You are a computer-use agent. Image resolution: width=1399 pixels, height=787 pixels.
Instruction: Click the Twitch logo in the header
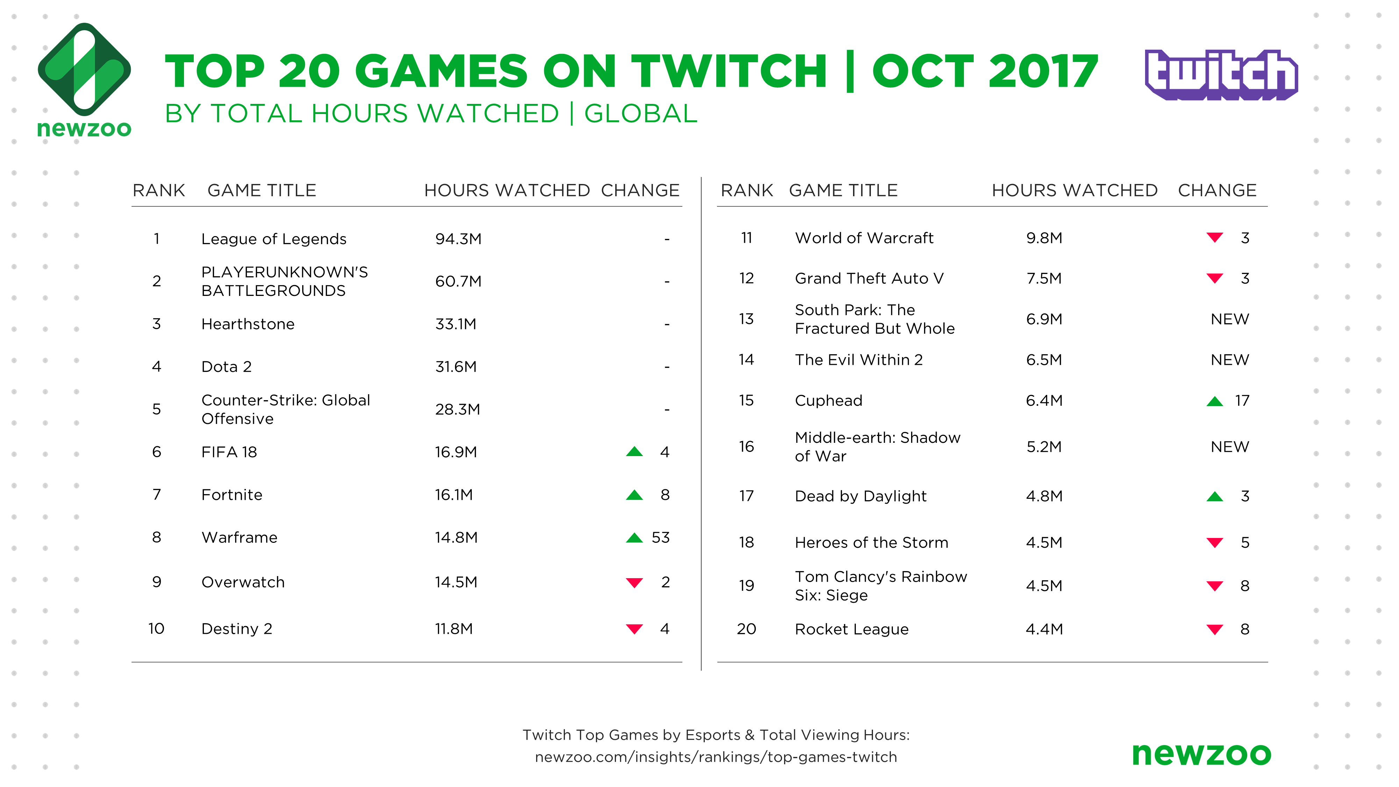pyautogui.click(x=1221, y=75)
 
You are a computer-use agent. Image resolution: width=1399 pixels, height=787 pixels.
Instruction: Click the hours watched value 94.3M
pyautogui.click(x=459, y=239)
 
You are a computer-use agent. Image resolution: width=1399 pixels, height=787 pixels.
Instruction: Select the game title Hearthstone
pyautogui.click(x=248, y=324)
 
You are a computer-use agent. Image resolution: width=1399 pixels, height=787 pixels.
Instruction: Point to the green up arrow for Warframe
pyautogui.click(x=634, y=538)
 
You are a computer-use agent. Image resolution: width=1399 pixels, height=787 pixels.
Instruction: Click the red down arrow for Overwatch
pyautogui.click(x=634, y=583)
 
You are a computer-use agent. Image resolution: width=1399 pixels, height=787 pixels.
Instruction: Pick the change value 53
pyautogui.click(x=660, y=538)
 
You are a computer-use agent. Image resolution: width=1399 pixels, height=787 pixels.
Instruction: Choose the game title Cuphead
pyautogui.click(x=828, y=401)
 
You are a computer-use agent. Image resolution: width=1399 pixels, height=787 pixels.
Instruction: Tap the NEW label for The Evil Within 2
pyautogui.click(x=1230, y=360)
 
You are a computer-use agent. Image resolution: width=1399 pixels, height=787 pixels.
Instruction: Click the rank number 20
pyautogui.click(x=746, y=629)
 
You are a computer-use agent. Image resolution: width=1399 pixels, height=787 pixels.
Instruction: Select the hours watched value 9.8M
pyautogui.click(x=1044, y=238)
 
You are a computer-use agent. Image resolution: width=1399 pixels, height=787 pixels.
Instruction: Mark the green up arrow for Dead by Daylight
pyautogui.click(x=1215, y=496)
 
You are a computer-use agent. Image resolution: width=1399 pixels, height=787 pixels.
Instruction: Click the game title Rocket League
pyautogui.click(x=852, y=630)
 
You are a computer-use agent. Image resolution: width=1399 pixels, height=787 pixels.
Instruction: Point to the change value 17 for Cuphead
pyautogui.click(x=1242, y=401)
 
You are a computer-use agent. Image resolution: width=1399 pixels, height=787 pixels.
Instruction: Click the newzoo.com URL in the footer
pyautogui.click(x=716, y=757)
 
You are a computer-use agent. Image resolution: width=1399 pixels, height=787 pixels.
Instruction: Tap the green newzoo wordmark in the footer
pyautogui.click(x=1201, y=755)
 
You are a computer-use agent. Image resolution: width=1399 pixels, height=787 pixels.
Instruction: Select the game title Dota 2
pyautogui.click(x=227, y=367)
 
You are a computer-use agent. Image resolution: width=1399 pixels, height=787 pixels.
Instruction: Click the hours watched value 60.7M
pyautogui.click(x=459, y=281)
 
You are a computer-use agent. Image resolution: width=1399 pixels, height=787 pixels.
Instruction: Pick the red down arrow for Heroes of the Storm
pyautogui.click(x=1215, y=543)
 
